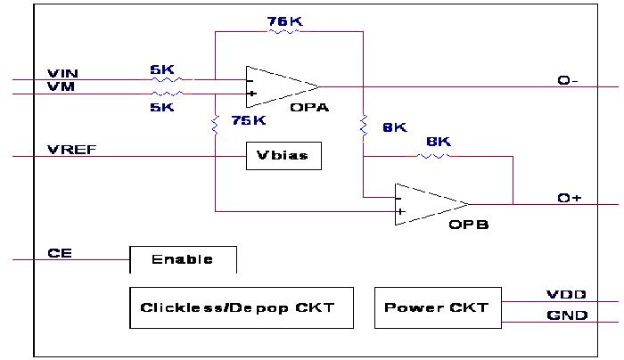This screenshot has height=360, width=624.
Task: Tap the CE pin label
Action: pos(59,253)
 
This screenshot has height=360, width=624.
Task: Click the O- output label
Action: pos(568,80)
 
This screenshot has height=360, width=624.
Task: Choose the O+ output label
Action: pos(570,197)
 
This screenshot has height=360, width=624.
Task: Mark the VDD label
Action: pos(566,294)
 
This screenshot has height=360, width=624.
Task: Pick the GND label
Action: pos(567,315)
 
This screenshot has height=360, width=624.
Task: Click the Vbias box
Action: pos(283,156)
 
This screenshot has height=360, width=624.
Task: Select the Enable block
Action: pos(183,259)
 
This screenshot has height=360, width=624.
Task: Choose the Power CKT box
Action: pos(437,307)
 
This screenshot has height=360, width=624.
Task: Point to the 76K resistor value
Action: pos(283,20)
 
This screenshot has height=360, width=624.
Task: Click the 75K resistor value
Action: pos(249,120)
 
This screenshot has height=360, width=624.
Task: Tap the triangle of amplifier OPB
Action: pos(428,204)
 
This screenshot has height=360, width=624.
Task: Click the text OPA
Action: pos(309,107)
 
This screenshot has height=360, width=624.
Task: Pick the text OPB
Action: pos(469,225)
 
